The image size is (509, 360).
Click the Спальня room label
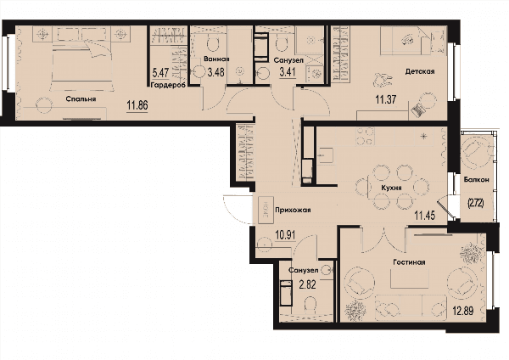coord(81,98)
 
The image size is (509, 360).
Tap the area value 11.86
coord(137,105)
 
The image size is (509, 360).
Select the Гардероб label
coord(168,85)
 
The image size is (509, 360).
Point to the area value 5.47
coord(161,72)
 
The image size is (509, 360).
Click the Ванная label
coord(216,59)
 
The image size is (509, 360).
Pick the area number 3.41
coord(288,72)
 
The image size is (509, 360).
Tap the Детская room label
coord(420,71)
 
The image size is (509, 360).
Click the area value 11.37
coord(386,99)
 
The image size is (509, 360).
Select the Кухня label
coord(391,188)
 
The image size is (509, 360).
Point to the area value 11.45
coord(425,215)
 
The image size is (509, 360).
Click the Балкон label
coord(477,179)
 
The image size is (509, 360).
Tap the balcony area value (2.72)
coord(476,204)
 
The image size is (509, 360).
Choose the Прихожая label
coord(294,210)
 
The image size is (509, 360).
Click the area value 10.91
coord(285,235)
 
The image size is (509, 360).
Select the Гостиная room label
coord(409,262)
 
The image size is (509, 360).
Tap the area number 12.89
coord(463,311)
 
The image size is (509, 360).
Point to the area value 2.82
coord(307,284)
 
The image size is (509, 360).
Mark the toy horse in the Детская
coord(383,80)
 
